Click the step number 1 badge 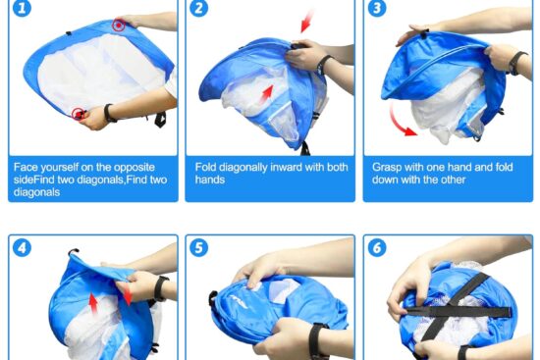click(22, 8)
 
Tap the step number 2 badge click(198, 8)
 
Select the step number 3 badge click(377, 8)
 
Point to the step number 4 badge click(22, 248)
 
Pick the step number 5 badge click(198, 248)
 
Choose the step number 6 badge click(377, 248)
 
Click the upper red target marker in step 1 click(119, 26)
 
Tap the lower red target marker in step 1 click(79, 114)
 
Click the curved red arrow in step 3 click(400, 121)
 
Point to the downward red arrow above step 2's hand click(307, 22)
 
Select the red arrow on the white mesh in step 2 click(266, 94)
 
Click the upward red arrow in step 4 click(93, 302)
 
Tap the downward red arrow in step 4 click(127, 295)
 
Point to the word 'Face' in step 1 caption click(25, 168)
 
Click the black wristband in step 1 click(110, 113)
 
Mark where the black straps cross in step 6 click(449, 311)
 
